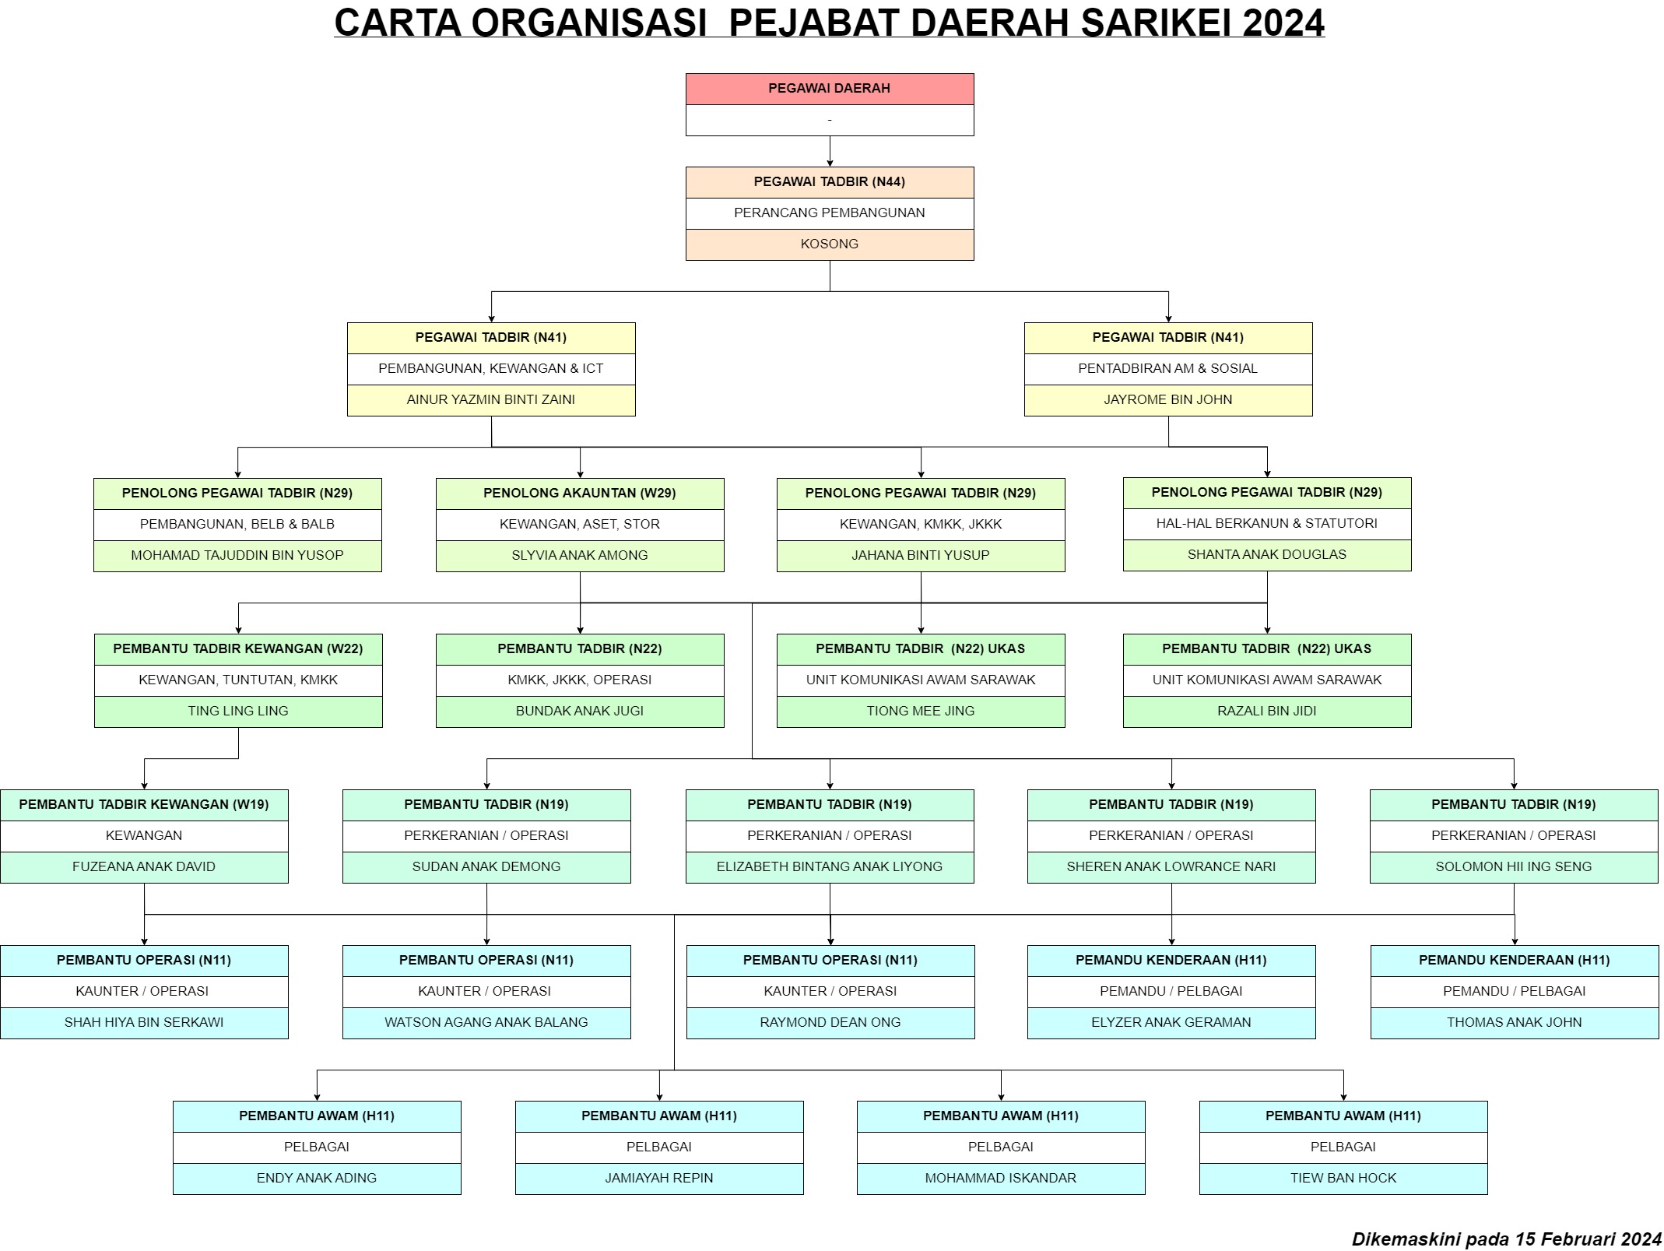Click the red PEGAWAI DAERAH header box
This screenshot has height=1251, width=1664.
[x=830, y=89]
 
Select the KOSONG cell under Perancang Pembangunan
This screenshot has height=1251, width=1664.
[x=830, y=244]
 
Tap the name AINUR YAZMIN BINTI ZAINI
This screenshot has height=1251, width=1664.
[x=491, y=400]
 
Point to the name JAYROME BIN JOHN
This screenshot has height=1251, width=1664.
[x=1168, y=400]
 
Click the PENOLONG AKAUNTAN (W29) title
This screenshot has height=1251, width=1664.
[x=580, y=493]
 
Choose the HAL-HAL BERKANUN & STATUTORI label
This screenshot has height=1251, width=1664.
[x=1267, y=523]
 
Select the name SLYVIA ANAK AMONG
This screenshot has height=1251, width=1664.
[x=580, y=555]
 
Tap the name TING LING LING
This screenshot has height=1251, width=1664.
[x=238, y=711]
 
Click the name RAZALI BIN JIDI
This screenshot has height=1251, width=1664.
[x=1267, y=711]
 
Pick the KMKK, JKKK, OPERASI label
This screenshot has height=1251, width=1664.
[x=580, y=680]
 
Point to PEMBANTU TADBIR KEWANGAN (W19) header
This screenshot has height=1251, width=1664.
[x=144, y=804]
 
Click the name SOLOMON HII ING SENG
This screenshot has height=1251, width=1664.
[x=1514, y=866]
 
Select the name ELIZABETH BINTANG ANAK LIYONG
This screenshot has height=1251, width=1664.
[x=830, y=866]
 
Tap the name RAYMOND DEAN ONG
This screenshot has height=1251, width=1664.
[x=830, y=1022]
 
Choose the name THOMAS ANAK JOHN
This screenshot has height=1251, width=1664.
[x=1515, y=1022]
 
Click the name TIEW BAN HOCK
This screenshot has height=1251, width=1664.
[x=1343, y=1178]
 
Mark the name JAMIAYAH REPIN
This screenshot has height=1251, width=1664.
[x=659, y=1178]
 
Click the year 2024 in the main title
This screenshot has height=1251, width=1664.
[x=1283, y=23]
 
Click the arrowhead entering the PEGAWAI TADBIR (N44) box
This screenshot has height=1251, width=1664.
[x=830, y=162]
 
